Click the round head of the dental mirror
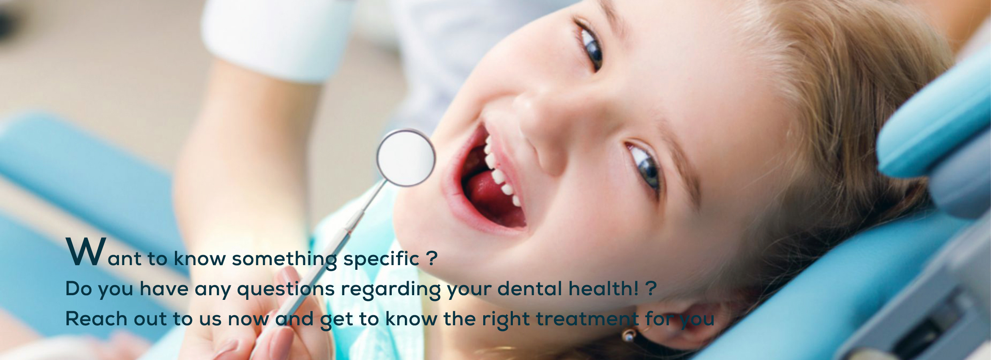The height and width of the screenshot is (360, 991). [x=406, y=158]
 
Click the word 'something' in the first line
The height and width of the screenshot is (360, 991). [x=284, y=259]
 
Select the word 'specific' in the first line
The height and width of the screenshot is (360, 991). [x=381, y=259]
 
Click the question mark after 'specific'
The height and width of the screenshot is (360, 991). [x=432, y=258]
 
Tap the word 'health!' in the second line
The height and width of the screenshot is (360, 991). [x=603, y=288]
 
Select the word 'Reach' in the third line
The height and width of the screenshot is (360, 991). [x=96, y=318]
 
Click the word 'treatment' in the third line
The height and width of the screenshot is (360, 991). [x=587, y=318]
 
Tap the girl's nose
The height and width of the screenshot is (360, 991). [x=538, y=116]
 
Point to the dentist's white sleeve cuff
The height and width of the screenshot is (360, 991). [x=277, y=38]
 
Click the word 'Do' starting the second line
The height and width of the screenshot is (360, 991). [x=79, y=288]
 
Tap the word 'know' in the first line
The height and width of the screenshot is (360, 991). [x=199, y=258]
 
